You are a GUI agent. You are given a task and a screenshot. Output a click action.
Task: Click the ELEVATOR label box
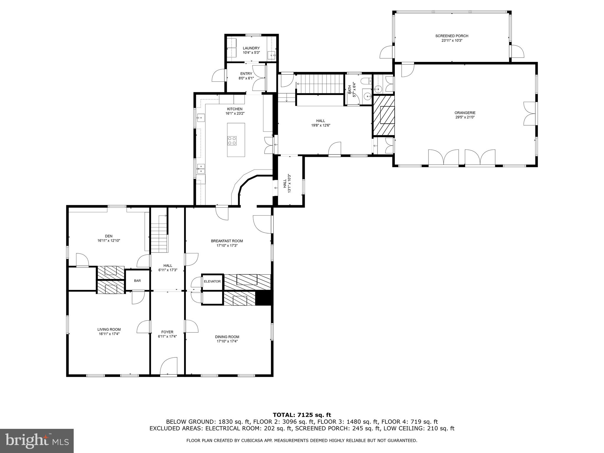click(x=212, y=281)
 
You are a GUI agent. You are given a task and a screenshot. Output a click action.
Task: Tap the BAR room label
click(x=137, y=280)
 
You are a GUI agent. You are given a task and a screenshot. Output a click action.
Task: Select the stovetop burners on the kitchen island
click(x=232, y=140)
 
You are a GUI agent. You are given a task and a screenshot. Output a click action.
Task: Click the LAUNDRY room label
click(x=251, y=48)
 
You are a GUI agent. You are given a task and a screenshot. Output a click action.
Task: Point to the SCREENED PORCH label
click(x=452, y=36)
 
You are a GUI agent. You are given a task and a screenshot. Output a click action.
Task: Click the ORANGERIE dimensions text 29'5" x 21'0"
click(x=465, y=117)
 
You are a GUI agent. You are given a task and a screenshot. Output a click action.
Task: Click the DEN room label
click(x=109, y=236)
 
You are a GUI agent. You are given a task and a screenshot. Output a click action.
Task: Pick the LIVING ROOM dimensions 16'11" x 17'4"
click(x=109, y=334)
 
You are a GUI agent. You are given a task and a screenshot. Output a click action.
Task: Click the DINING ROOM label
click(x=227, y=337)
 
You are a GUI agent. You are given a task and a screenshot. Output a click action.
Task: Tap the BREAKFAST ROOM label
click(x=227, y=241)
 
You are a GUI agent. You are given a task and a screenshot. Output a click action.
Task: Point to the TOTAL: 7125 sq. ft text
click(x=302, y=415)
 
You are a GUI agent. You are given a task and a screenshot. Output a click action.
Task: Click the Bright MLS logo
click(x=37, y=441)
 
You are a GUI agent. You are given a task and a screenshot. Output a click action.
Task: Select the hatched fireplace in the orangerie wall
click(x=384, y=115)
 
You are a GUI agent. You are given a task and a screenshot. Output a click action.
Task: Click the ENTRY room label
click(x=246, y=74)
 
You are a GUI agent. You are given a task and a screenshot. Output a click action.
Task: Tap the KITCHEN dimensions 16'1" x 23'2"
click(x=235, y=113)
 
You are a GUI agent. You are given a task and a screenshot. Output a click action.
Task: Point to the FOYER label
click(x=167, y=332)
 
